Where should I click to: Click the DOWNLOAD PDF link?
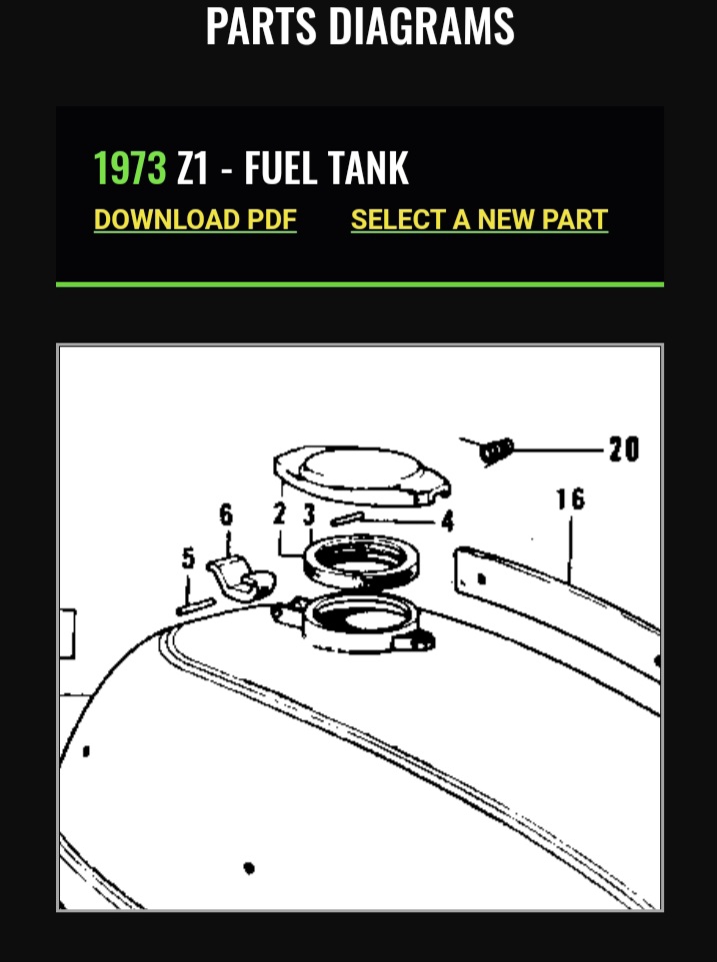[x=195, y=220]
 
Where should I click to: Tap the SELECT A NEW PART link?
[x=479, y=220]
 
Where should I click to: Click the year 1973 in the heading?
[x=130, y=167]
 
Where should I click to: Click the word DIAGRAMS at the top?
[x=421, y=26]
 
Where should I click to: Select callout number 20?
[x=624, y=449]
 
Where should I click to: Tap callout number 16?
[x=571, y=498]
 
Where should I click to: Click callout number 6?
[x=226, y=514]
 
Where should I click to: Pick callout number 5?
[x=188, y=557]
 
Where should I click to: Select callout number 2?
[x=280, y=513]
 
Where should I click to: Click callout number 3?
[x=309, y=514]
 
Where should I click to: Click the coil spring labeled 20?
[x=496, y=451]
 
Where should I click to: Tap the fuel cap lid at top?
[x=362, y=475]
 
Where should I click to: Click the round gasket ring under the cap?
[x=362, y=561]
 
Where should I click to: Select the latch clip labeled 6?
[x=241, y=578]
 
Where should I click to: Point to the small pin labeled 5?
[x=195, y=606]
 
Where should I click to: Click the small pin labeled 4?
[x=347, y=519]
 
